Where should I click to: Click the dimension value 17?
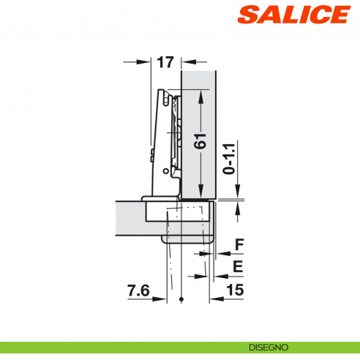[x=164, y=62]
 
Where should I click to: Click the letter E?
[x=238, y=266]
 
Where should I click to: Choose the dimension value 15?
[x=235, y=290]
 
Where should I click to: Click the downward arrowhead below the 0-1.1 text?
[x=239, y=194]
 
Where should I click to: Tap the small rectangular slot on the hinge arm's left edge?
[x=151, y=154]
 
